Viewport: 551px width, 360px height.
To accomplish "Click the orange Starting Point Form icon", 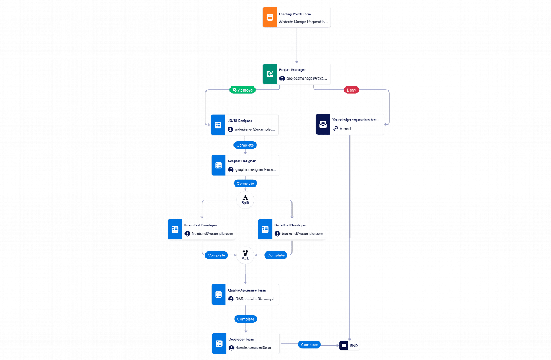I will tap(269, 17).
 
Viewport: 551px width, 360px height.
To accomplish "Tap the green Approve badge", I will tap(242, 90).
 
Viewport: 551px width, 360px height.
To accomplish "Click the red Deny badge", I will tap(351, 90).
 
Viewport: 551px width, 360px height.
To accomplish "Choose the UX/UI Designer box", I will tap(245, 125).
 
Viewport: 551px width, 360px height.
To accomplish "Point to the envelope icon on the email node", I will tap(323, 125).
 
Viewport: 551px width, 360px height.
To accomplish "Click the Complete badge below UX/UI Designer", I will tap(245, 145).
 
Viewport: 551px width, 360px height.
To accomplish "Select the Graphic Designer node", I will tap(245, 165).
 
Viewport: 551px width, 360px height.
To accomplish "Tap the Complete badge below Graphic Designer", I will tap(245, 183).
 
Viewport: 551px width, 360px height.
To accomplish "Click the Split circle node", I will tap(245, 200).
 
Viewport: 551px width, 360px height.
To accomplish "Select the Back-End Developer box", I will tap(291, 229).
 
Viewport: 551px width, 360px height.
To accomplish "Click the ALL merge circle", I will tap(245, 255).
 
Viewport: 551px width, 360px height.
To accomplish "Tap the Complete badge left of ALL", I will tap(216, 255).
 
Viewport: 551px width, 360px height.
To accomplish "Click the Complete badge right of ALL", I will tap(275, 255).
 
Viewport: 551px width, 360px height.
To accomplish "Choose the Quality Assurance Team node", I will tap(245, 295).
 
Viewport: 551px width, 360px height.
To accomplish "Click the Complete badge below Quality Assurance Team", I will tap(245, 319).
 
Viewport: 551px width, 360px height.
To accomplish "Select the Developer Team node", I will tap(245, 344).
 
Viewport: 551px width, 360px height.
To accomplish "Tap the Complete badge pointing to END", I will tap(309, 345).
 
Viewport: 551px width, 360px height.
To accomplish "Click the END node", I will tap(349, 345).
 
